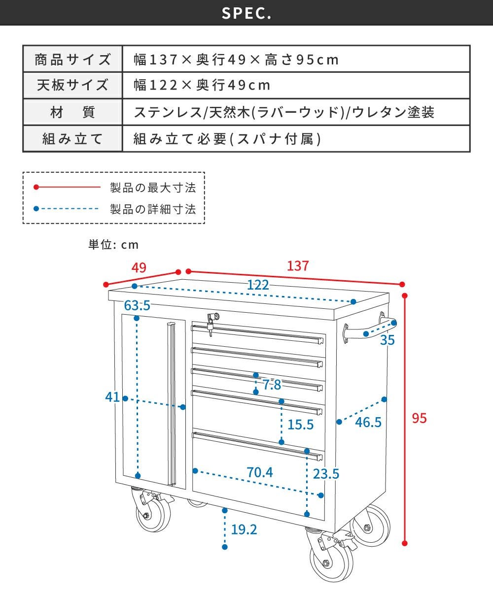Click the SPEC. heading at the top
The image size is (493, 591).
coord(246,13)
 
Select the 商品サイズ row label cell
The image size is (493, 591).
coord(72,59)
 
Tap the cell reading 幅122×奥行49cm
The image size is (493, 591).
coord(296,85)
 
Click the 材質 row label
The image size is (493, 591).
coord(72,112)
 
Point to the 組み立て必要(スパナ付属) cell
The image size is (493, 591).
coord(296,139)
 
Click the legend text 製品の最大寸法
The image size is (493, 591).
coord(153,188)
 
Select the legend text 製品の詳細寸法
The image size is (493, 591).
coord(153,209)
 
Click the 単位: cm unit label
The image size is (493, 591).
coord(113,245)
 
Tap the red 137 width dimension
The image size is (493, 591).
coord(298,266)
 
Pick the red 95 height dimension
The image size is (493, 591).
coord(419,418)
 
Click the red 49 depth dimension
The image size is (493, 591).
coord(139,267)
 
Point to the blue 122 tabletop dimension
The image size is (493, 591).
coord(258,285)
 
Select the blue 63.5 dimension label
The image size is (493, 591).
coord(137,305)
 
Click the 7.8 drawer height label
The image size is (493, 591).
coord(272,385)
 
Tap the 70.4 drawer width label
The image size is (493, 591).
coord(259,472)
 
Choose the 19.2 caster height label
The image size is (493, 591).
coord(244,529)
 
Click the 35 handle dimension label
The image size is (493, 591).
coord(387,340)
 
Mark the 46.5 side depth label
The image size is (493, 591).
coord(368,422)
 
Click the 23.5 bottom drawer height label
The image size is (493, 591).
coord(326,474)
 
